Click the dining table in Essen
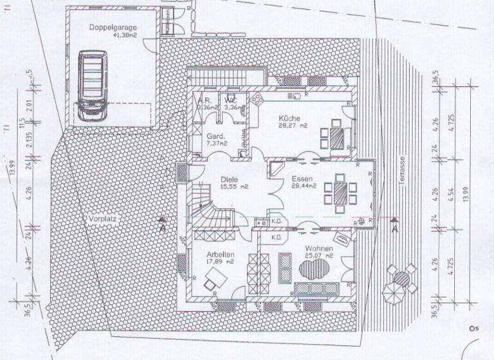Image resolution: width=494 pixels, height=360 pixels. [340, 191]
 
